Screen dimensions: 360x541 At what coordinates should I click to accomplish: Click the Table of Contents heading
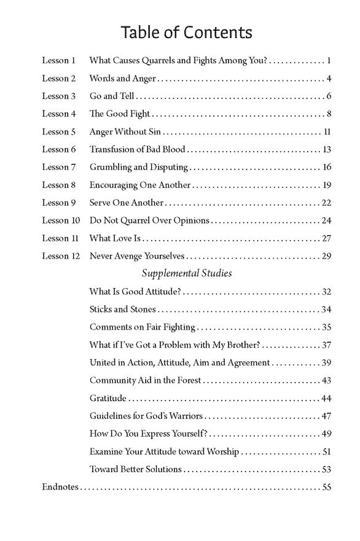(186, 32)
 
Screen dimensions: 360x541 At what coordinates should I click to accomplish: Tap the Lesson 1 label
(58, 61)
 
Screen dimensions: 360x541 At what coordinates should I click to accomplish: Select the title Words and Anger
(122, 79)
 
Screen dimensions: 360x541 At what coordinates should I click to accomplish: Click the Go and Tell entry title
(112, 96)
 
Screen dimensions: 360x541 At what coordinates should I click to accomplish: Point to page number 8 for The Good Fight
(329, 114)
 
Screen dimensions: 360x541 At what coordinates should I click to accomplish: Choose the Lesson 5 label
(58, 131)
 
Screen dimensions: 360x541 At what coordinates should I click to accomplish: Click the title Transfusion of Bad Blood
(137, 149)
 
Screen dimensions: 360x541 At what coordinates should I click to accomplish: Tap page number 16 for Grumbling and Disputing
(326, 167)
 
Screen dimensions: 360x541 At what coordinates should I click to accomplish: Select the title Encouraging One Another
(139, 185)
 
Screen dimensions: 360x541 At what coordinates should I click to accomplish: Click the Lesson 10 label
(61, 220)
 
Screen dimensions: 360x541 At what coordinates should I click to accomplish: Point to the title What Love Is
(115, 238)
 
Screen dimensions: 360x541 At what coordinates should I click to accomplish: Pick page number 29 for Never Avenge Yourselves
(326, 256)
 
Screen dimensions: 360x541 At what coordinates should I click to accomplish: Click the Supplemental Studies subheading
(187, 273)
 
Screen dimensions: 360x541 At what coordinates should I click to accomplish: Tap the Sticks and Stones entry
(122, 309)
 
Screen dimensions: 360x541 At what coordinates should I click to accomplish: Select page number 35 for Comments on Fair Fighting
(326, 327)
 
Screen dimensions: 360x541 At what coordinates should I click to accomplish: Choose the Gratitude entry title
(108, 399)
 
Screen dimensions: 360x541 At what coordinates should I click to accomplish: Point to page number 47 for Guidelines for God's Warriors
(326, 416)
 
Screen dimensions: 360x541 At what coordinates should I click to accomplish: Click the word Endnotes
(60, 487)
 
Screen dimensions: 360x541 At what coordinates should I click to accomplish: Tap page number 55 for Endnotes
(326, 487)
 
